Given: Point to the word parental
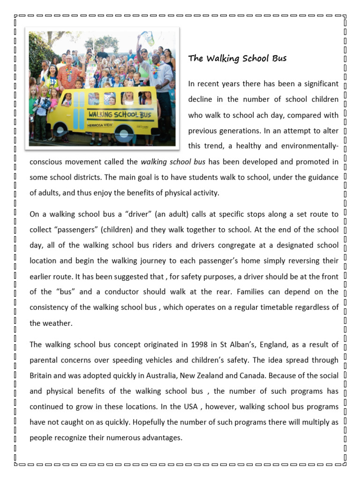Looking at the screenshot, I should (x=44, y=360).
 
